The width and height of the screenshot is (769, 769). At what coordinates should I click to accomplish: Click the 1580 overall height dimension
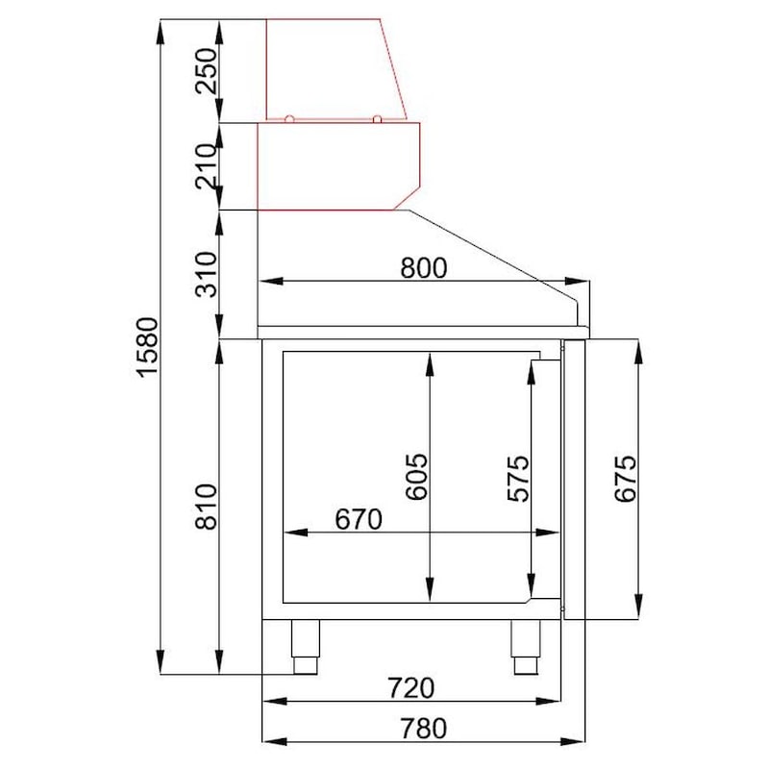pos(145,346)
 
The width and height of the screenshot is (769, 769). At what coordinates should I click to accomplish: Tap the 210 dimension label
pos(207,165)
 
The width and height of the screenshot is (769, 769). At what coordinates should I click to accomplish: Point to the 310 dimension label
pos(207,272)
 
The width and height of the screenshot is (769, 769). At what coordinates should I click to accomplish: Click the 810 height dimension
pos(207,507)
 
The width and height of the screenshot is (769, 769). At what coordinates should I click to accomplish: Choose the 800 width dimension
pos(423,268)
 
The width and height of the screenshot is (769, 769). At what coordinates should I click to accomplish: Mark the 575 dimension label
pos(518,479)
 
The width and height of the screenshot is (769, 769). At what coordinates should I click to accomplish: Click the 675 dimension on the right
pos(625,479)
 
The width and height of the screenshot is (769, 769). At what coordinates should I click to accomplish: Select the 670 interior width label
pos(359,518)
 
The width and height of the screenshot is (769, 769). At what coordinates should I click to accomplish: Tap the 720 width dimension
pos(411,688)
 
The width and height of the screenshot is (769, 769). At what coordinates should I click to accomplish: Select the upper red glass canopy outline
pos(332,67)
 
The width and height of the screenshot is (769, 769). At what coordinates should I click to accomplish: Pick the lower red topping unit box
pos(336,165)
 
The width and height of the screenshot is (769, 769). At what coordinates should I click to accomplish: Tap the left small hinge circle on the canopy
pos(289,118)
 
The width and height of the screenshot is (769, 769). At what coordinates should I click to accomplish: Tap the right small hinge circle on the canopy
pos(378,118)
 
